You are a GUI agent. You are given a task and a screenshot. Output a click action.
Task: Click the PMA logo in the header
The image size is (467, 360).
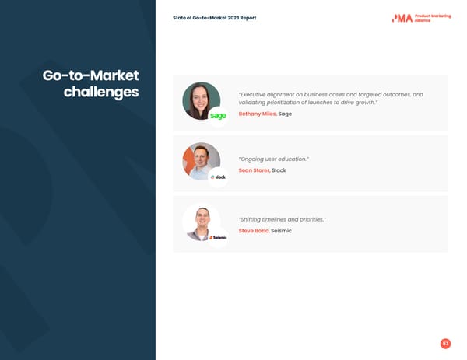click(x=402, y=18)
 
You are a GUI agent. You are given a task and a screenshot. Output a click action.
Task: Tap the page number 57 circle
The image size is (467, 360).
click(x=445, y=344)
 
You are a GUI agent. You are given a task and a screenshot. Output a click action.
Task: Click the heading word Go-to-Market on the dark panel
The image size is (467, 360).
click(x=90, y=75)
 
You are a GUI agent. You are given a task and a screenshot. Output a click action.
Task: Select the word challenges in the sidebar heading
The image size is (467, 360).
click(x=101, y=93)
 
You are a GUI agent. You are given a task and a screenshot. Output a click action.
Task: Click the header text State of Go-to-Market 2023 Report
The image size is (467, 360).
click(x=215, y=18)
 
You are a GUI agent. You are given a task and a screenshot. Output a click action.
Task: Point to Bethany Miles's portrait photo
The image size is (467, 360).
click(x=201, y=100)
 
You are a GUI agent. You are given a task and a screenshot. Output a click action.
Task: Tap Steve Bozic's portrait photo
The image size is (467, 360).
click(x=201, y=221)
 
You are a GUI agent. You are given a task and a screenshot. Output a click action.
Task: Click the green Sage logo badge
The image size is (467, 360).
click(x=219, y=116)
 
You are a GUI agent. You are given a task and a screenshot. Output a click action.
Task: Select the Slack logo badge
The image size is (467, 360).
click(x=219, y=177)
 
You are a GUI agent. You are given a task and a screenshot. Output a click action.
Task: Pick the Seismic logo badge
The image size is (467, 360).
click(x=219, y=238)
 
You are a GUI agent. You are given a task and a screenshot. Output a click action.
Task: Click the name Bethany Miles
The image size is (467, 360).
click(x=257, y=114)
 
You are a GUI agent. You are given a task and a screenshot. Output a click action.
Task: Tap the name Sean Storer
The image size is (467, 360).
click(x=254, y=170)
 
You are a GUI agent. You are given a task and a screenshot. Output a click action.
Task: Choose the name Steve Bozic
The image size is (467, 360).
click(x=254, y=231)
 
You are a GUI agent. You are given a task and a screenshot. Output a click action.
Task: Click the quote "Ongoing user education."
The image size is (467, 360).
click(x=274, y=159)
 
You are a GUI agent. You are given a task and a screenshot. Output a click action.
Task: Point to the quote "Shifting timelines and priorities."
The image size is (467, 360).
click(x=283, y=220)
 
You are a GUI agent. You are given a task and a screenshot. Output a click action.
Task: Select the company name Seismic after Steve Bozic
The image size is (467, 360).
click(x=281, y=231)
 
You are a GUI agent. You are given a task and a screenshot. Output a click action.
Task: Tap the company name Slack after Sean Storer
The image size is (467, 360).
click(x=279, y=170)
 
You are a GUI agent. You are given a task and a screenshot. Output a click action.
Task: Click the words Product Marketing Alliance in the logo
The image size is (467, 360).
click(x=433, y=18)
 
